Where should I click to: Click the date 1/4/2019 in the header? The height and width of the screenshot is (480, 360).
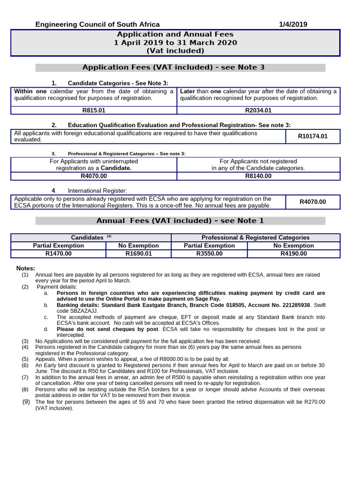[293, 24]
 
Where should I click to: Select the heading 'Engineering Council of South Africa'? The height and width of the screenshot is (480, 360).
[98, 24]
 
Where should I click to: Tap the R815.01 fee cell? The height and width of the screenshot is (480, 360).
[93, 111]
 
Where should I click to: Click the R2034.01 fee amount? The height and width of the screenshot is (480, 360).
[258, 111]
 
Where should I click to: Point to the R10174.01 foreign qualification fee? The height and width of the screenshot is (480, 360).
[313, 136]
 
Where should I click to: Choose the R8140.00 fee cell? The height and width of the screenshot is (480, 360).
[258, 176]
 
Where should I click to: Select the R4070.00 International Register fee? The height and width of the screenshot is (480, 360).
[313, 202]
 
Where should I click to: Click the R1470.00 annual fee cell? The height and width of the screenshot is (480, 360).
[59, 254]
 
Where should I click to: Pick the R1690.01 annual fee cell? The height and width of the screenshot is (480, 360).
[139, 254]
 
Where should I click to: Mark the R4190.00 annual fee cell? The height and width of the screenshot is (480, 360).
[293, 254]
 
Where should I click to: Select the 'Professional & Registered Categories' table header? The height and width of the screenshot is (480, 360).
[255, 238]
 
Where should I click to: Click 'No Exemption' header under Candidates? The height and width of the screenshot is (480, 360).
[139, 246]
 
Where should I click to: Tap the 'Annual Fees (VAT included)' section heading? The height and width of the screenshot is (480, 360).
[180, 221]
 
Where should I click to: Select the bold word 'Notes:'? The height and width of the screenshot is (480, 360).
[26, 268]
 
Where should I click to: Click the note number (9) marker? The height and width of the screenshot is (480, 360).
[26, 402]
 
